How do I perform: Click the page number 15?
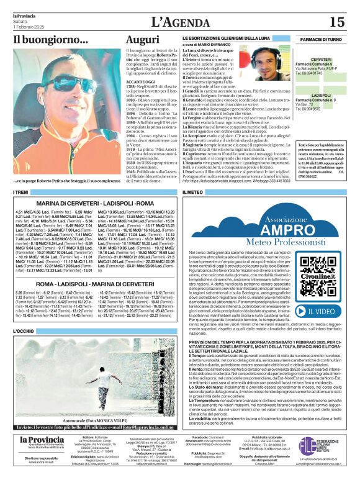click(336, 22)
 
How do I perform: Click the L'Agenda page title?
click(178, 22)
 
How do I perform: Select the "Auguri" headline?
click(142, 39)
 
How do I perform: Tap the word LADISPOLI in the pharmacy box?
click(321, 95)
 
